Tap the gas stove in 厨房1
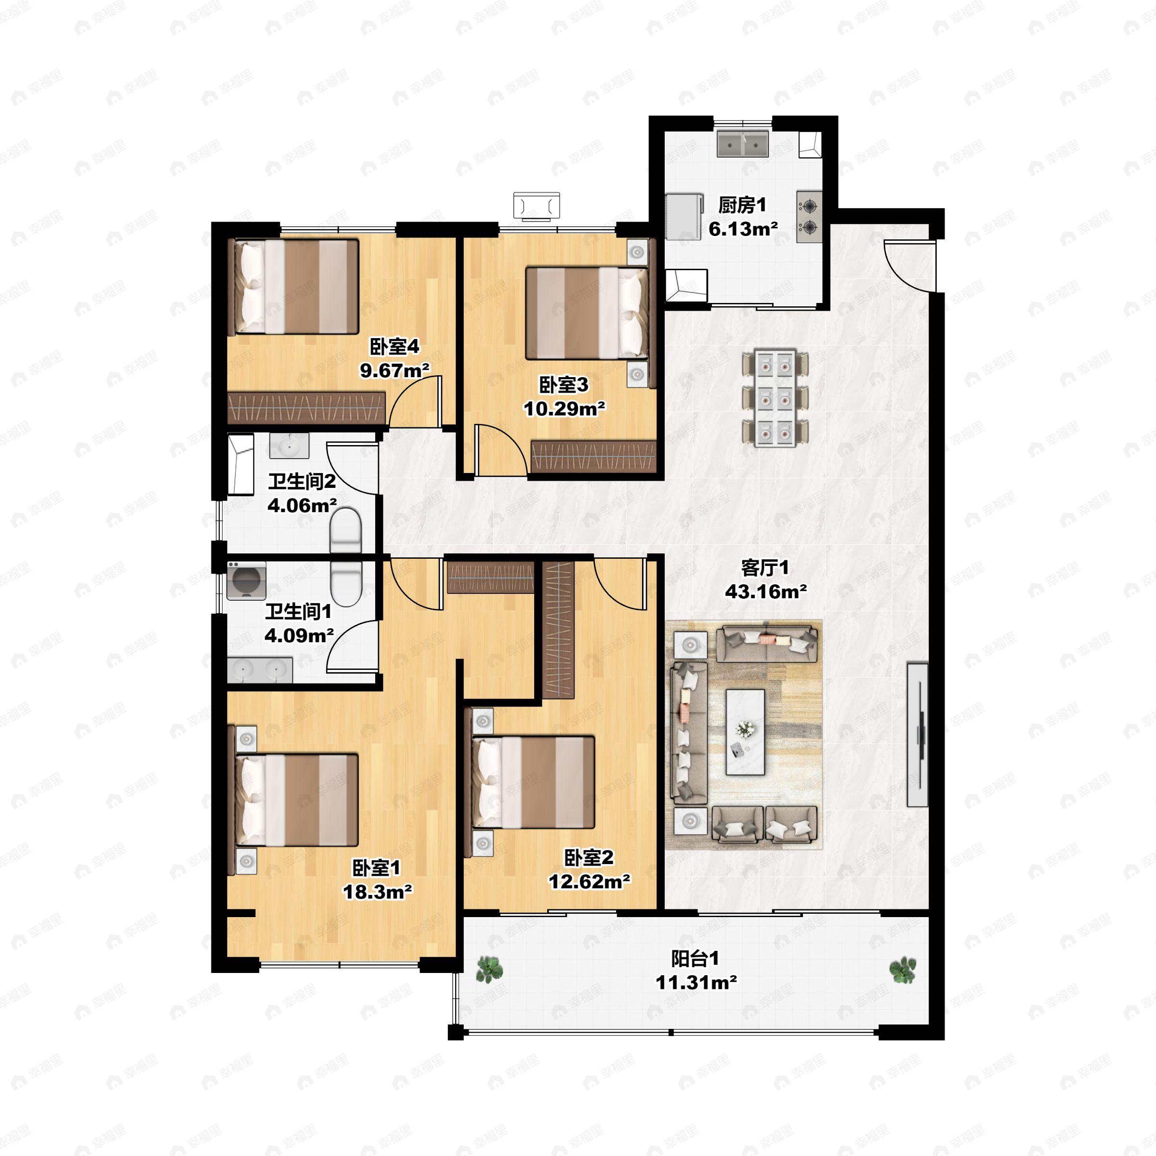(x=809, y=217)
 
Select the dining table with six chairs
(x=775, y=398)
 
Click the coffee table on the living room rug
(x=746, y=732)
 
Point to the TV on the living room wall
(x=917, y=734)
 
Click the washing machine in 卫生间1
(x=246, y=580)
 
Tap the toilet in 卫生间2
(x=346, y=529)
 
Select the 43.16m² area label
(x=766, y=592)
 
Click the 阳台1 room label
(x=695, y=959)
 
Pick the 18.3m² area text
(x=377, y=892)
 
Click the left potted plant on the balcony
(x=489, y=969)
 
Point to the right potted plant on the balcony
(x=902, y=969)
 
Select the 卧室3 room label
(x=564, y=385)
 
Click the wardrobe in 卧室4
(x=306, y=407)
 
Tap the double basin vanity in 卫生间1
(x=260, y=670)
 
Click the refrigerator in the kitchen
(x=683, y=216)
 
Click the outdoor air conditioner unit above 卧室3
(x=537, y=206)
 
